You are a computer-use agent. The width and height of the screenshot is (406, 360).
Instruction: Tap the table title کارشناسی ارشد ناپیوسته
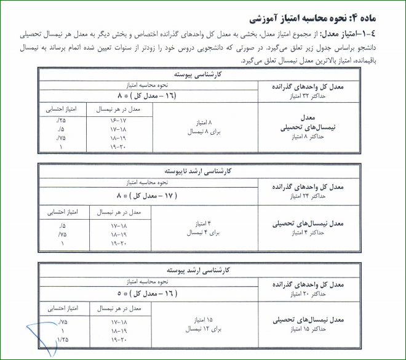(202, 169)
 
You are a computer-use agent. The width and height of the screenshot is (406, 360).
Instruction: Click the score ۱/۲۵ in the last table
(61, 340)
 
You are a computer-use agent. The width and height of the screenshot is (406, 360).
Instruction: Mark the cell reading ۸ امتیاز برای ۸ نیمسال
(202, 127)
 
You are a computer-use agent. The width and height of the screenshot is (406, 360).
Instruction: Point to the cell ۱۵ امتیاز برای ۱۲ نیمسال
(202, 324)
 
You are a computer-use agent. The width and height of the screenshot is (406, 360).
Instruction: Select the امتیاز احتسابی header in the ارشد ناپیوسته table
(62, 212)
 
